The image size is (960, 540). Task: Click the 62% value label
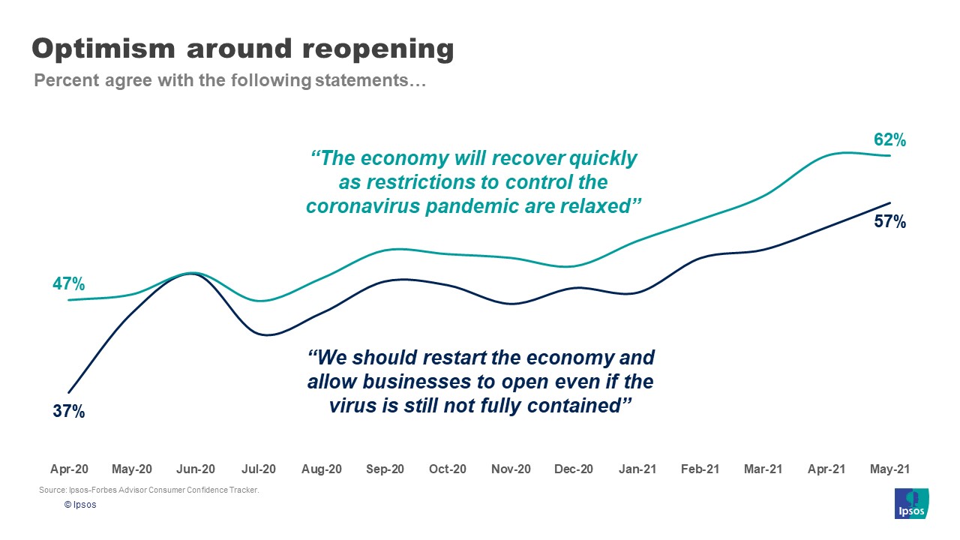pos(889,139)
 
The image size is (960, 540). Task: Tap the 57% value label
pos(889,221)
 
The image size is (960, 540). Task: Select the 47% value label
pos(68,284)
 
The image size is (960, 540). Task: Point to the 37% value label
pos(68,411)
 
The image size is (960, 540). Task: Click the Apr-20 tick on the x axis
pos(69,469)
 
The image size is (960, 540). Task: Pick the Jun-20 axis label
pos(196,469)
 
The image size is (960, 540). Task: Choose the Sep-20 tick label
pos(385,469)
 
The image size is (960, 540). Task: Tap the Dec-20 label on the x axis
pos(574,469)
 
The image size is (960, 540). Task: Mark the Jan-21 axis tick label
pos(637,469)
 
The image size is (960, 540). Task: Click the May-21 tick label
pos(889,469)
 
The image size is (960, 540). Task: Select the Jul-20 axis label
pos(259,469)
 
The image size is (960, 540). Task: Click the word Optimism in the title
pos(103,49)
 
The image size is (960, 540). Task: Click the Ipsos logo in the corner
pos(911,502)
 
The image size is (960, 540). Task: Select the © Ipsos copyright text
pos(79,505)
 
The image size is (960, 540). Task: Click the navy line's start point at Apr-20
pos(69,392)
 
